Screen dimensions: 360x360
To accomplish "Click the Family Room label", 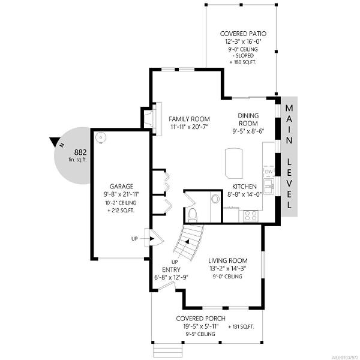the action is (189, 119).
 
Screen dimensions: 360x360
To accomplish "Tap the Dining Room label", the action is (248, 119).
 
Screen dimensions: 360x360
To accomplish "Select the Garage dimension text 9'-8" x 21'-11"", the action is (121, 194).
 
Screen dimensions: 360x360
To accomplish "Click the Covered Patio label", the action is (243, 34).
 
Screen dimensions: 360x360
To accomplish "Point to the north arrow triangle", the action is (55, 142).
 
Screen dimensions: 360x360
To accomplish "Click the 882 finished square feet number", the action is (80, 152).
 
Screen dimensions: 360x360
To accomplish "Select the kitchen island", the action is (234, 163).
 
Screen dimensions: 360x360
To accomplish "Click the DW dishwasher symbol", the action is (269, 172).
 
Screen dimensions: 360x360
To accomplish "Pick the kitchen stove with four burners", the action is (251, 216).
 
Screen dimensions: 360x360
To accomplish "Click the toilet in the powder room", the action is (193, 216).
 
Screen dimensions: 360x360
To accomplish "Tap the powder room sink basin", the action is (215, 199).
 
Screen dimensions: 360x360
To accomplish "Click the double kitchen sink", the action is (269, 187).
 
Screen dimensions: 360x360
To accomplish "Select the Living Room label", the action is (228, 260).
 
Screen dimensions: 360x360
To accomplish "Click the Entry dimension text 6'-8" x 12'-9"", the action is (171, 277).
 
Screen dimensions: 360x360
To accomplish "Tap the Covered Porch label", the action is (200, 319).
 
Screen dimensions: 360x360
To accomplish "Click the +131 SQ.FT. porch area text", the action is (242, 327).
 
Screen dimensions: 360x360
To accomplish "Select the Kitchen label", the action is (245, 187).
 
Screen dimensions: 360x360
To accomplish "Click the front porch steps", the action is (164, 350).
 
